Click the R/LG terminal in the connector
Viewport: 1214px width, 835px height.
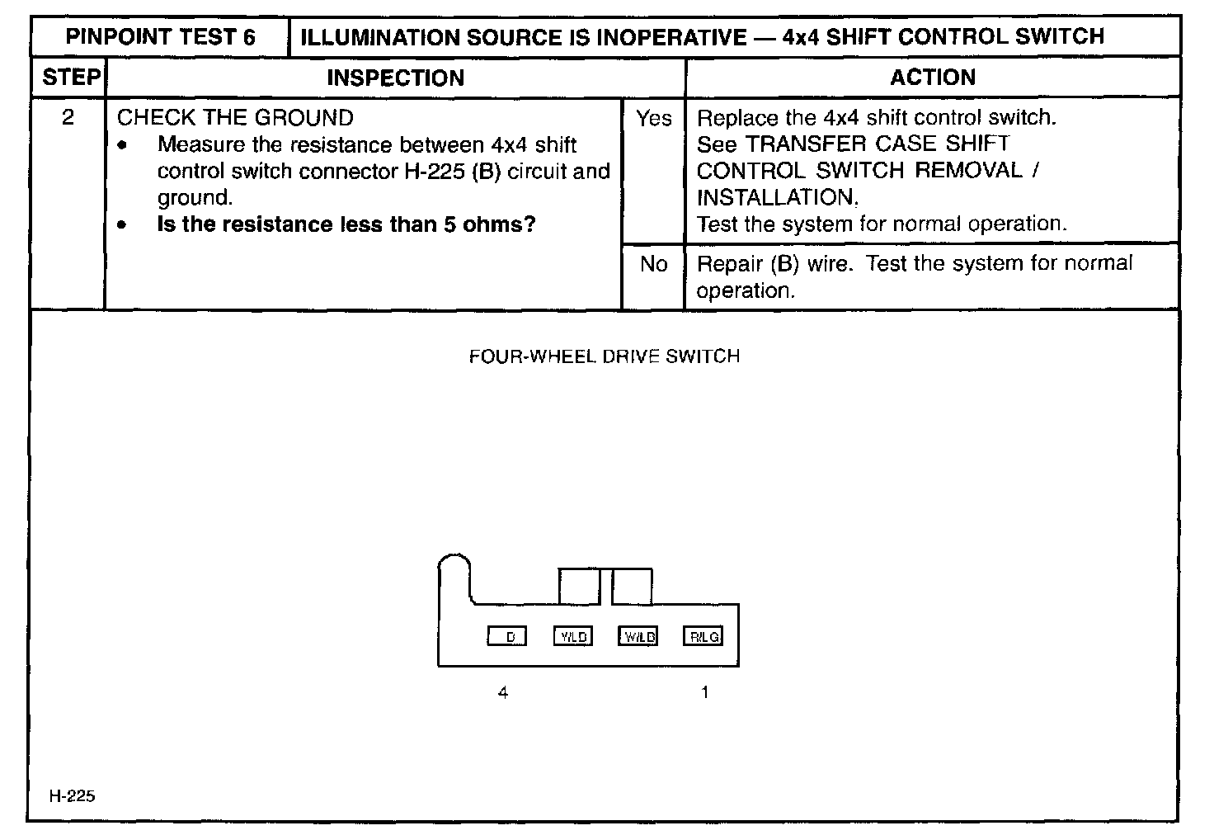tap(703, 636)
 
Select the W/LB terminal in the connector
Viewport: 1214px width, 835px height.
tap(638, 636)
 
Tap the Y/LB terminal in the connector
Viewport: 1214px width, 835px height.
tap(572, 636)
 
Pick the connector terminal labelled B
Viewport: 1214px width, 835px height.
tap(507, 636)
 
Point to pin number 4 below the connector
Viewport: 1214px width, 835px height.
tap(503, 693)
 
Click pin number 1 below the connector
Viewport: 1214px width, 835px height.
tap(704, 693)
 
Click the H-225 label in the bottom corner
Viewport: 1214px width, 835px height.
tap(72, 796)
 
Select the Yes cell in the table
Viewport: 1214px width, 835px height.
tap(653, 119)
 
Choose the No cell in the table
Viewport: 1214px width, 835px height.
tap(653, 264)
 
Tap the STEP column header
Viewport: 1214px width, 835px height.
tap(70, 78)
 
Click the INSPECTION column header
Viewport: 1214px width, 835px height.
tap(395, 78)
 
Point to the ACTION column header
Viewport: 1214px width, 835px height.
tap(932, 78)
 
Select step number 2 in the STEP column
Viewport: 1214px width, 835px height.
tap(68, 118)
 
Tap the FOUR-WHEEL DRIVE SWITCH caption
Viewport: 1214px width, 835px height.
tap(604, 356)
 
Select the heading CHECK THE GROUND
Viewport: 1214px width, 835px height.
tap(235, 118)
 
